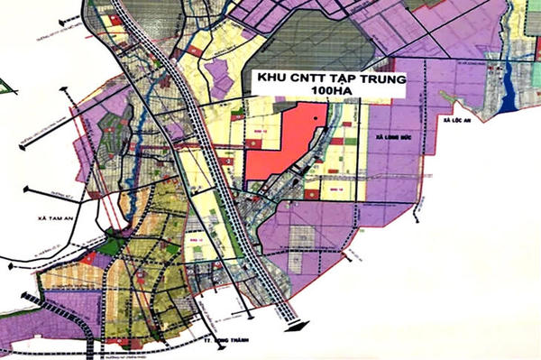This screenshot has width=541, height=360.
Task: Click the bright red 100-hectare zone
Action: (280, 144)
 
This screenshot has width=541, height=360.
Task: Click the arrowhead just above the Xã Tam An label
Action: (27, 189)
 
